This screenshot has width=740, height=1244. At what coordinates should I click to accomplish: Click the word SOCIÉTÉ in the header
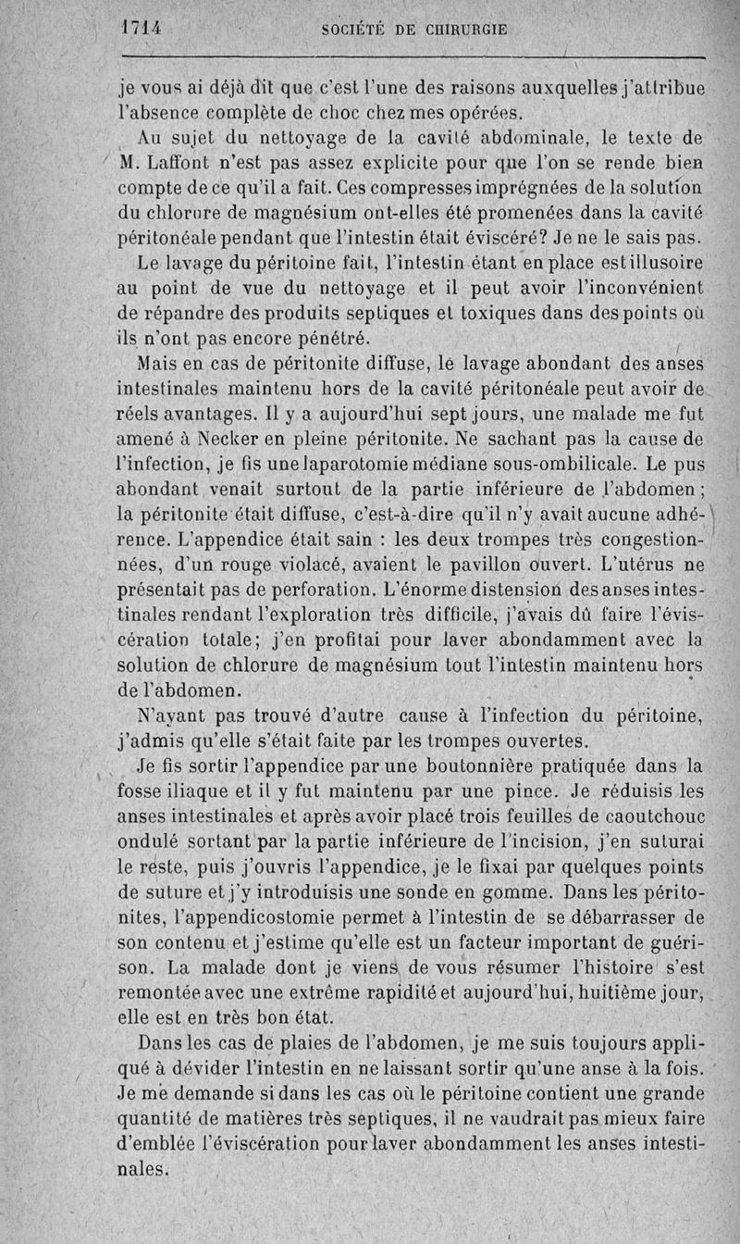point(357,29)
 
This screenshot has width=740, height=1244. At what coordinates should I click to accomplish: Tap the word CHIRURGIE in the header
point(463,29)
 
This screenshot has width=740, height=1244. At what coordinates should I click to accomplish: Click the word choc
point(370,115)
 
